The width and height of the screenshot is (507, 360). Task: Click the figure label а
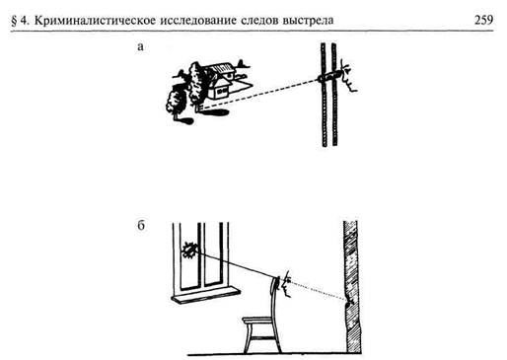click(144, 46)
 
